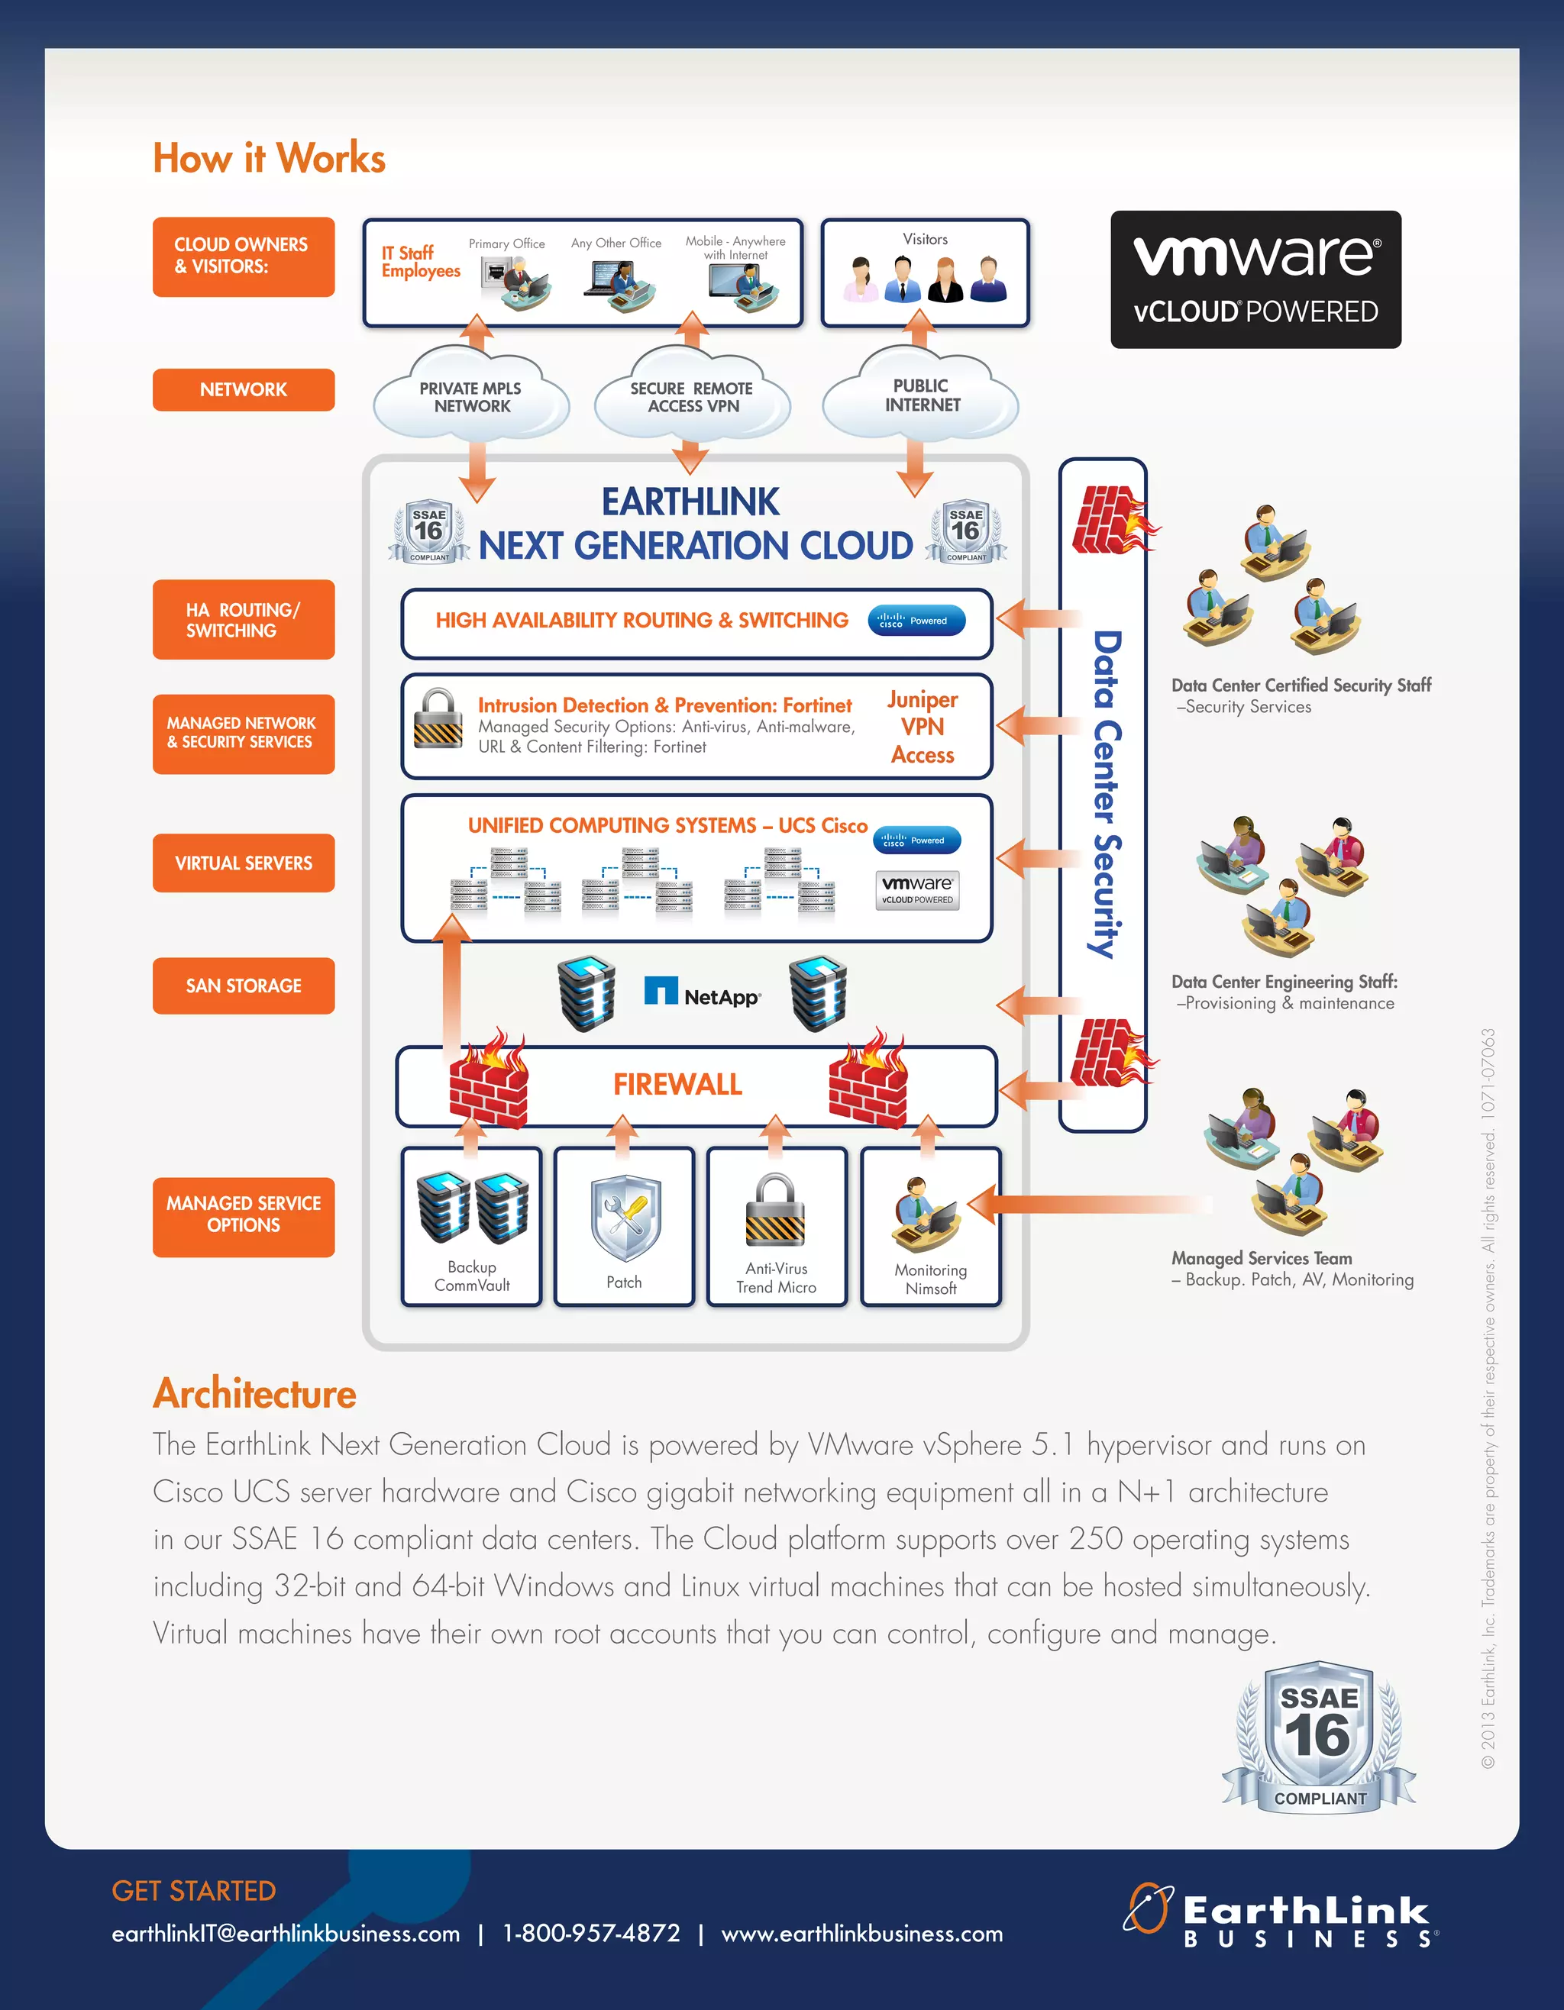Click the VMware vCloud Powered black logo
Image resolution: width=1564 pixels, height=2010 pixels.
pyautogui.click(x=1255, y=279)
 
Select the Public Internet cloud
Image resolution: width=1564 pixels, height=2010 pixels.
pyautogui.click(x=920, y=395)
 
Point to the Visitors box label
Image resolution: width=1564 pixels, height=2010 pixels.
pyautogui.click(x=925, y=239)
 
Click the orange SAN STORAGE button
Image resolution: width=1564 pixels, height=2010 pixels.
pyautogui.click(x=243, y=986)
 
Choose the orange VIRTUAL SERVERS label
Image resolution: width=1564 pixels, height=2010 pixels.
pyautogui.click(x=243, y=863)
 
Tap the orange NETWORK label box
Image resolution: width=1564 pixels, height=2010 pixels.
pyautogui.click(x=243, y=389)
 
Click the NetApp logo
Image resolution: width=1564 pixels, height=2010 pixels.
pyautogui.click(x=703, y=994)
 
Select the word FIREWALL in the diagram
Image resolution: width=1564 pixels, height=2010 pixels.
pyautogui.click(x=677, y=1084)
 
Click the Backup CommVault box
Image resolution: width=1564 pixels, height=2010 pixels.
pyautogui.click(x=471, y=1226)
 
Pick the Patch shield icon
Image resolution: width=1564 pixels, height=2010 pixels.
pyautogui.click(x=624, y=1217)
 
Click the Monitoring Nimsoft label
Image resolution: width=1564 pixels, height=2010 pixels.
pyautogui.click(x=931, y=1279)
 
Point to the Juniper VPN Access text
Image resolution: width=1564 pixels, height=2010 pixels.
pyautogui.click(x=923, y=727)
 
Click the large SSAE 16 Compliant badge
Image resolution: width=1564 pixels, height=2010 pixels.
pyautogui.click(x=1318, y=1737)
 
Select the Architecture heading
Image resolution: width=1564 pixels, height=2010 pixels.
pyautogui.click(x=255, y=1393)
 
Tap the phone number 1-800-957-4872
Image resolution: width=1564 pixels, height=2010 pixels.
pyautogui.click(x=591, y=1934)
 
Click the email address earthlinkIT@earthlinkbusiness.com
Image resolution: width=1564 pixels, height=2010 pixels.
pyautogui.click(x=286, y=1934)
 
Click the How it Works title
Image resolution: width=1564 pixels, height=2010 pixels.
pyautogui.click(x=269, y=158)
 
